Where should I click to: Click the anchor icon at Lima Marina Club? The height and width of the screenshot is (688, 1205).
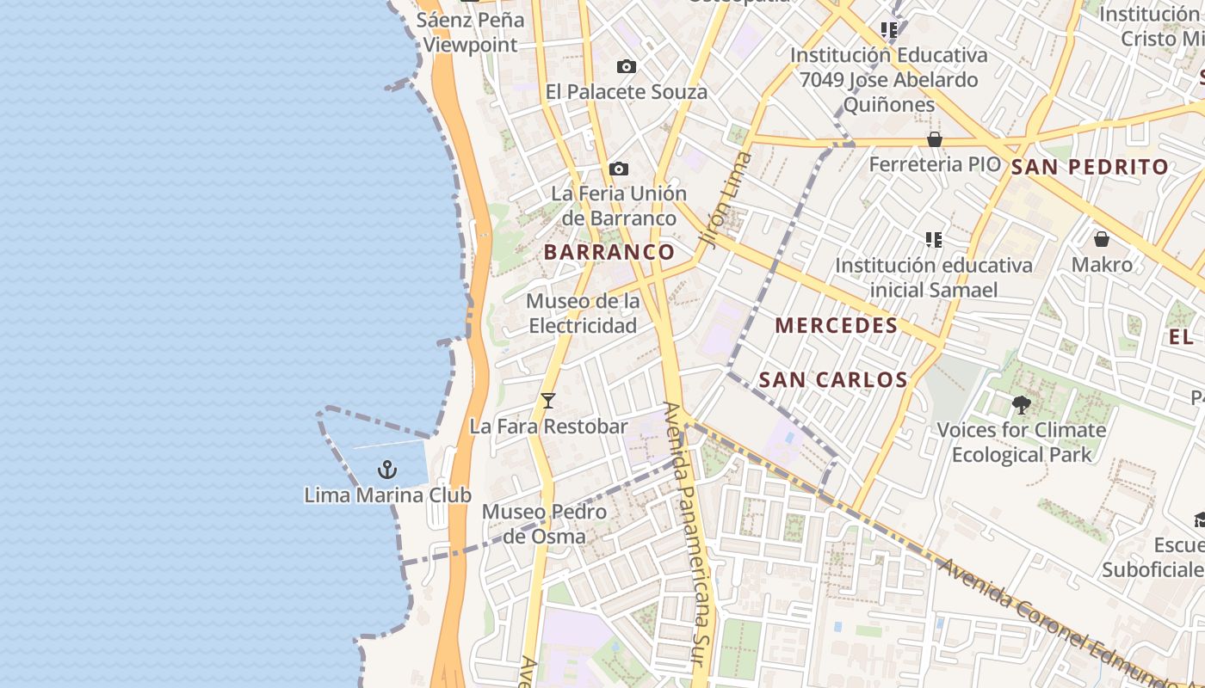pos(387,470)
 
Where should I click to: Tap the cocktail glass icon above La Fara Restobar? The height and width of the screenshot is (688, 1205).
pos(547,401)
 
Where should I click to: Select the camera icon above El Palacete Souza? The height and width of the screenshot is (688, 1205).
pos(627,67)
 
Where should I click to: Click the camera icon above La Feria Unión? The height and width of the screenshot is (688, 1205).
pos(618,169)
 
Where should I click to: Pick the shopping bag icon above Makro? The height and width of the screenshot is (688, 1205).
pos(1101,239)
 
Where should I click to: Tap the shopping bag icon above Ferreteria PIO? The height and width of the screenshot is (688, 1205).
pos(935,139)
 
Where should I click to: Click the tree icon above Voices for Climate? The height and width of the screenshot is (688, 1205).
pos(1022,404)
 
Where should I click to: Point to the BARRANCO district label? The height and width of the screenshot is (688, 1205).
pos(609,252)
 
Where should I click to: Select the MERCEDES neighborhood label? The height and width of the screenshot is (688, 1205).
pos(836,326)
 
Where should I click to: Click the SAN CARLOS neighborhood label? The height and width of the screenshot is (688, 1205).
pos(833,379)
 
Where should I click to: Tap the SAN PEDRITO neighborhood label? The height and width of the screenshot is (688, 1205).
pos(1090,167)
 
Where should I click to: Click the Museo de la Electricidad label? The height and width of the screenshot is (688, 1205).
pos(583,314)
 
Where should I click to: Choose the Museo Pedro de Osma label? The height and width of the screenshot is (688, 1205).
pos(544,524)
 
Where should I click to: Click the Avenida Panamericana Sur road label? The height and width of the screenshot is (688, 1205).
pos(692,533)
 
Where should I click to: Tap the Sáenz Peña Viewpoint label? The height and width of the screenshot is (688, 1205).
pos(470,33)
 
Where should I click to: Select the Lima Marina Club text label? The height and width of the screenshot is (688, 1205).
pos(387,495)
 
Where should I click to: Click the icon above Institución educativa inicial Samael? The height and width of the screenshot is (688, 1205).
pos(934,239)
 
